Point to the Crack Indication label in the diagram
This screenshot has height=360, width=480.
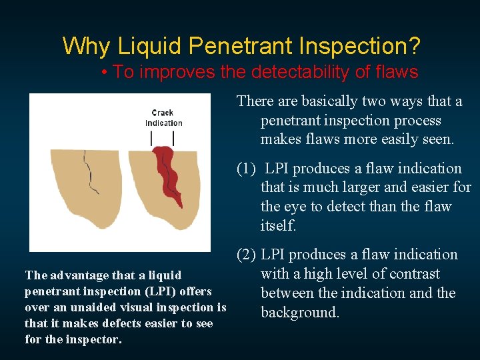(163, 118)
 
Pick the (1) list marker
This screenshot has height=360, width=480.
(247, 169)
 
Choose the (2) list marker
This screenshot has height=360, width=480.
(247, 255)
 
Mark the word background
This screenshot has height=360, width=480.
(299, 313)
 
